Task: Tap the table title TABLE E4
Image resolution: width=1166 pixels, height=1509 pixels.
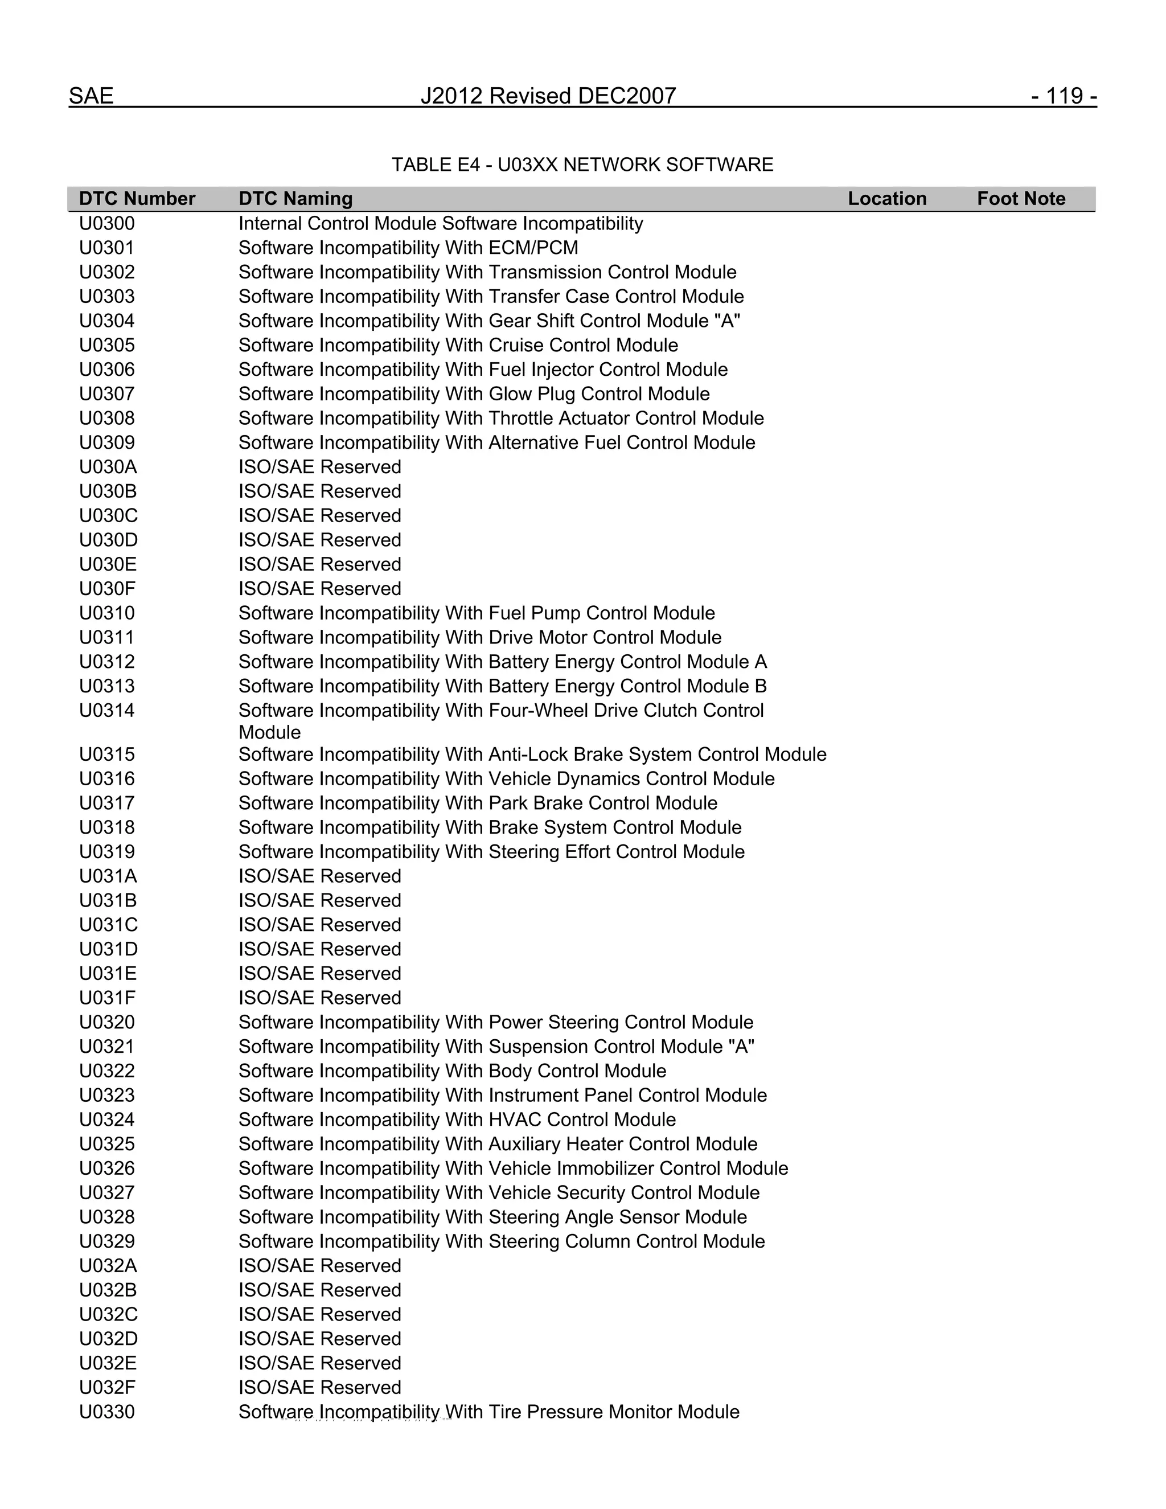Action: (582, 165)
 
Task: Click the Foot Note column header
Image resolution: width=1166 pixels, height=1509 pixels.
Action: (1021, 199)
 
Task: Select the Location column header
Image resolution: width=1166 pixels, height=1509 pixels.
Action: (887, 199)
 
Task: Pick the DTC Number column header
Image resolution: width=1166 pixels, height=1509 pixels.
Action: (137, 199)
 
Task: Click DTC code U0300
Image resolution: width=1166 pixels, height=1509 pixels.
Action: (107, 224)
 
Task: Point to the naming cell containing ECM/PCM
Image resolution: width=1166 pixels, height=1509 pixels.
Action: (408, 248)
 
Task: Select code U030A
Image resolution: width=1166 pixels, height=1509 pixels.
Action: (108, 467)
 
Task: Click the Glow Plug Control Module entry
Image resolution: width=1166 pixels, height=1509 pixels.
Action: (474, 394)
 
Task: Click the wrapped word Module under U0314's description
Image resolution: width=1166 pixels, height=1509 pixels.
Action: (269, 732)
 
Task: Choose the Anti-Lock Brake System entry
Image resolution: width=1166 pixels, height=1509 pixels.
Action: (532, 755)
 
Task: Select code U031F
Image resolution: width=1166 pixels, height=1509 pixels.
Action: (108, 998)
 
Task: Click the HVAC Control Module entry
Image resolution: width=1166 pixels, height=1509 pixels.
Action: (457, 1120)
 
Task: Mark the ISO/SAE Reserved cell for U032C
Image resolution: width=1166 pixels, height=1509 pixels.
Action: (320, 1314)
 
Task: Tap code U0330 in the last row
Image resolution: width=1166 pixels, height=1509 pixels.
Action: (107, 1412)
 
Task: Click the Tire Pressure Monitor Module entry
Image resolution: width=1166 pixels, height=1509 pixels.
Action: (489, 1412)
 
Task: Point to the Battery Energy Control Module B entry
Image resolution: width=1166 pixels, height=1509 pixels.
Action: (502, 686)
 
